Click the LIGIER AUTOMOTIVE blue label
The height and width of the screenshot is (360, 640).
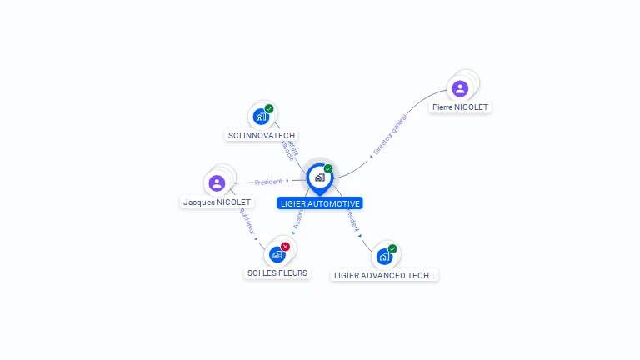point(320,203)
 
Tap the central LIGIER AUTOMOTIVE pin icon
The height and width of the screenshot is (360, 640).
point(319,177)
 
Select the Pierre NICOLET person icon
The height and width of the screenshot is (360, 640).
point(460,88)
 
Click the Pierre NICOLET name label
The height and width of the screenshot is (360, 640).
point(460,107)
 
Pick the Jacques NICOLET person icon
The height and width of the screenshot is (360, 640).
point(217,182)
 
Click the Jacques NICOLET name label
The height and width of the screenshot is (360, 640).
point(217,202)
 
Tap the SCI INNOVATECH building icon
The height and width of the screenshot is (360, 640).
point(261,117)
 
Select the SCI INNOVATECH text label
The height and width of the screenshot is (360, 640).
point(262,135)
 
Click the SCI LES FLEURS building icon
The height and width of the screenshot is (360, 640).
point(277,254)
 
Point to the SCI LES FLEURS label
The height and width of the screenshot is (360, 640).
point(277,272)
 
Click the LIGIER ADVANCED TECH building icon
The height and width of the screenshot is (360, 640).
point(384,256)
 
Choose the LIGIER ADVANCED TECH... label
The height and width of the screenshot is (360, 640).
point(384,275)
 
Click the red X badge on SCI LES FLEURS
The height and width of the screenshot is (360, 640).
point(285,247)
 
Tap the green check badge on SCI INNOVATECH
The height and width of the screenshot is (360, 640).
point(269,109)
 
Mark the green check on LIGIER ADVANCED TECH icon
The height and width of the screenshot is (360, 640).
point(392,248)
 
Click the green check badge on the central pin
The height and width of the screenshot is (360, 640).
point(328,169)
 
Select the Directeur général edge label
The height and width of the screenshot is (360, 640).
point(390,136)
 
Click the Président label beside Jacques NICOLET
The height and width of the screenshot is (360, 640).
point(268,181)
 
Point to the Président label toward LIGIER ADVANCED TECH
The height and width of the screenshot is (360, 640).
point(352,221)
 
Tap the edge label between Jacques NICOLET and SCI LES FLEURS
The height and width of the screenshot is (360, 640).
point(247,222)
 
